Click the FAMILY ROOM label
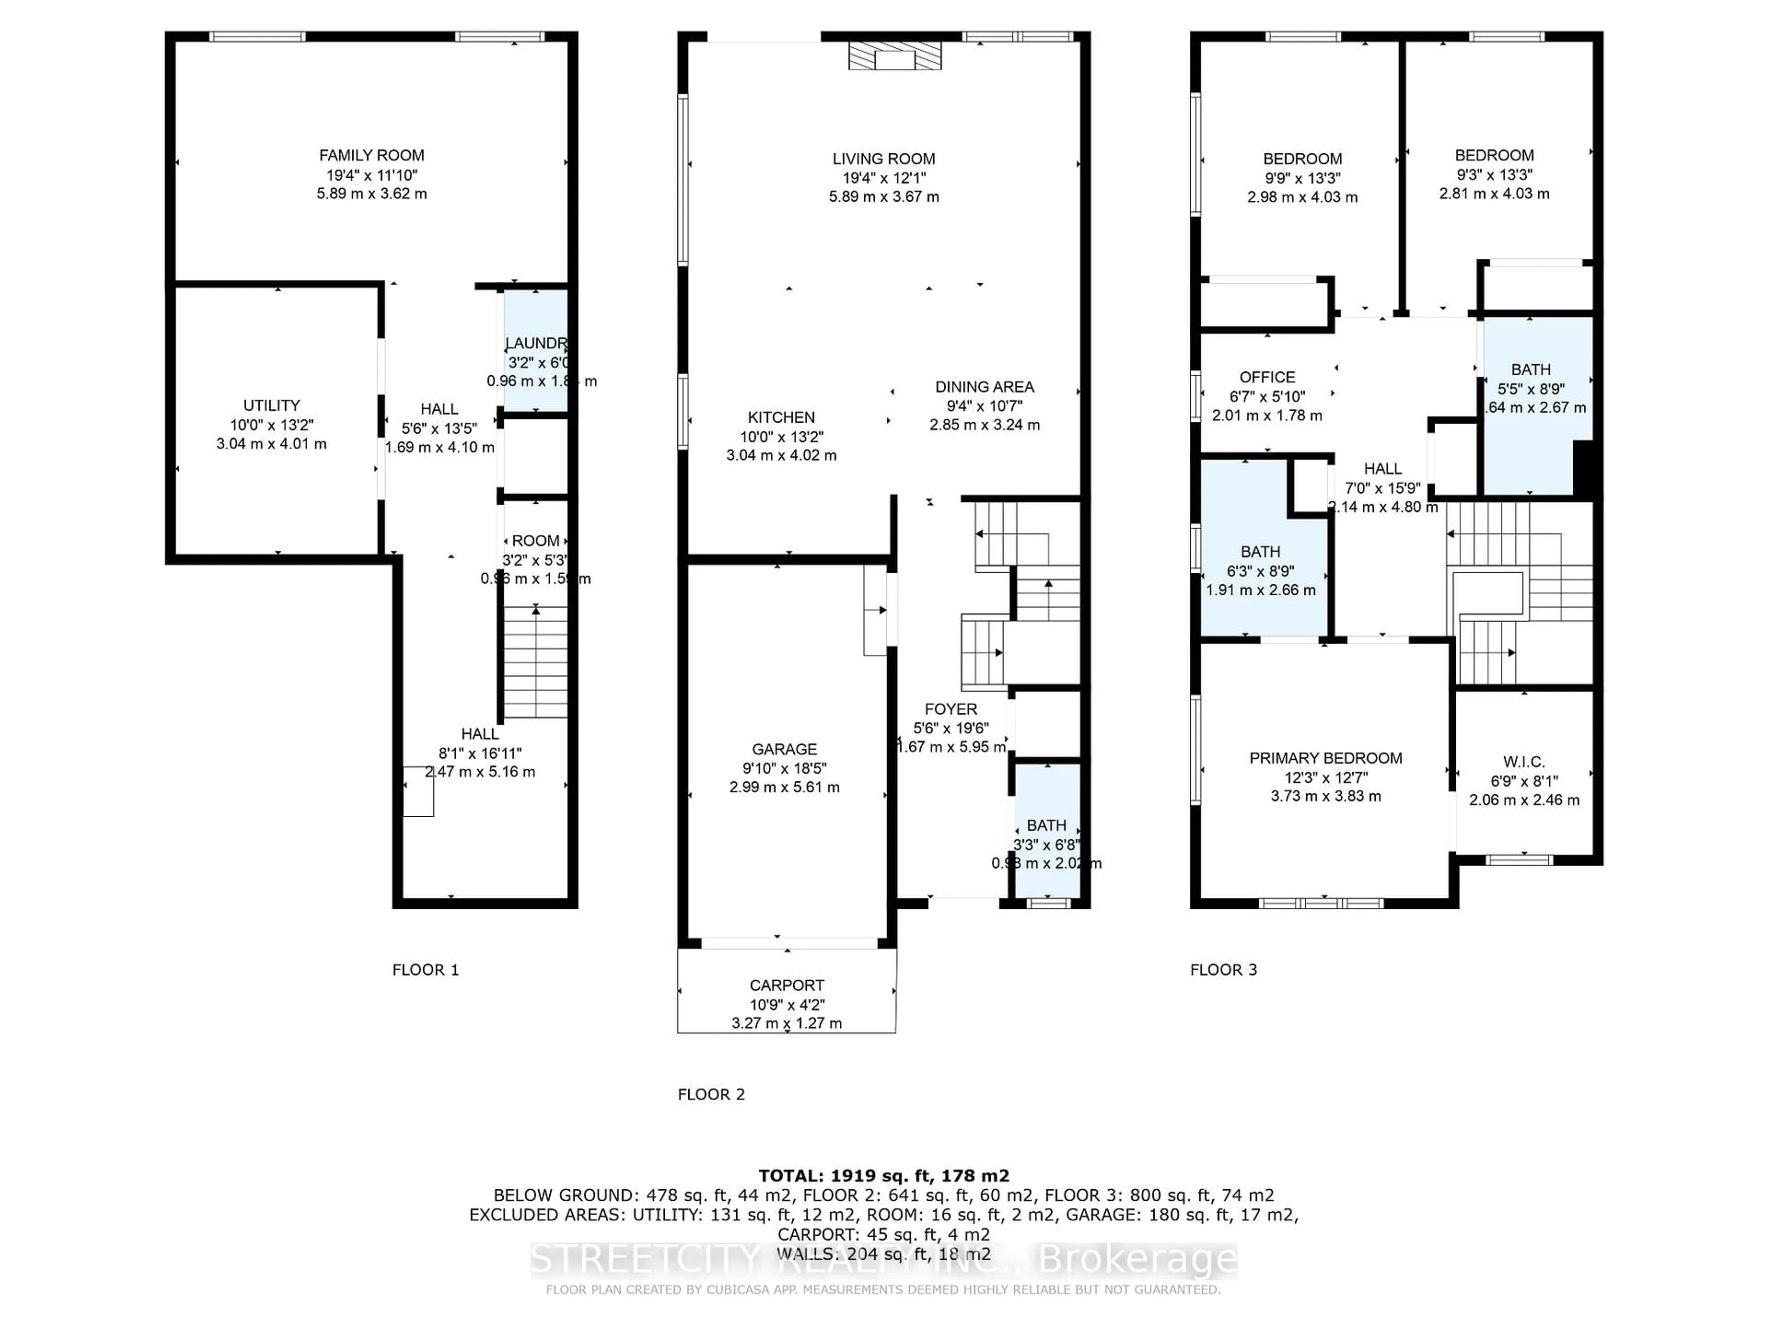point(372,155)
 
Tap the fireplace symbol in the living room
point(895,56)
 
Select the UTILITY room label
point(272,405)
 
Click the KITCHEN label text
point(781,417)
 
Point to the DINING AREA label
point(984,387)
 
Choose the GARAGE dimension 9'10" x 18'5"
point(784,768)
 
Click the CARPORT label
point(786,985)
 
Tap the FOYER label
point(950,709)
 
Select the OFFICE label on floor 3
point(1267,377)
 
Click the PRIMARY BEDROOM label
point(1325,758)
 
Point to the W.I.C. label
point(1524,762)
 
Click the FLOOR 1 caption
point(425,970)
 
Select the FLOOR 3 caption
point(1223,970)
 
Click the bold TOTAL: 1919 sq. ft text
point(883,1176)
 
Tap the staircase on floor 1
point(535,663)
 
